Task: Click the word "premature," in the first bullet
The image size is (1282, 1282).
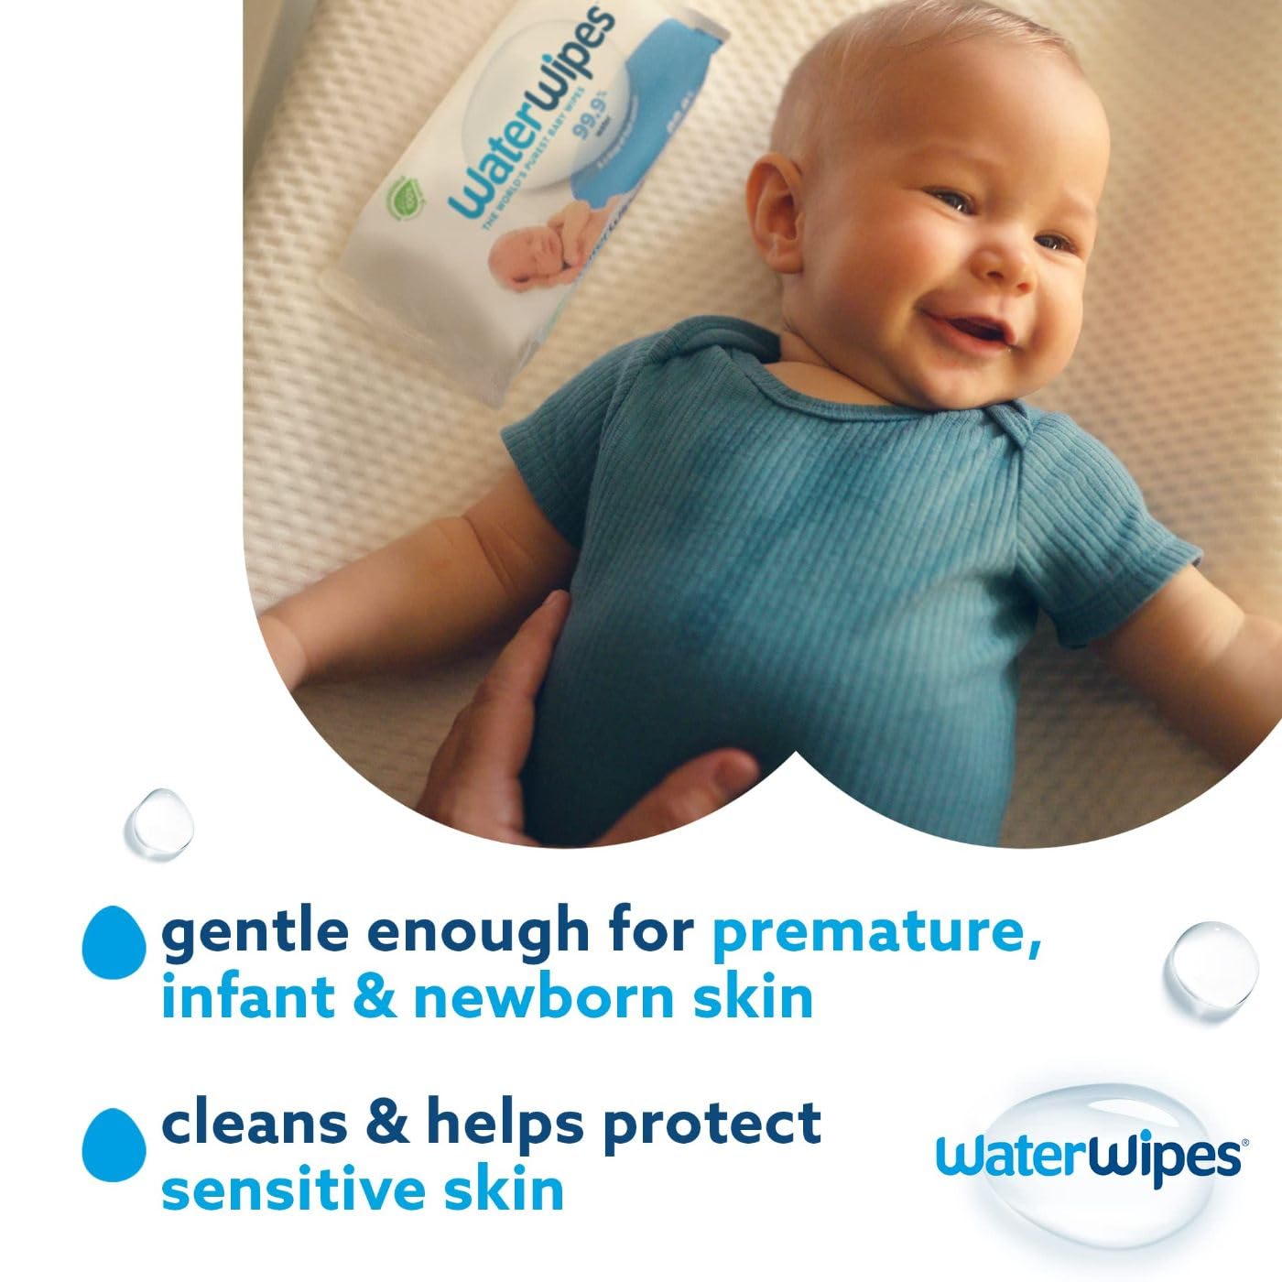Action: [x=876, y=934]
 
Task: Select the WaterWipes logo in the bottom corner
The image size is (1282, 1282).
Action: [x=1087, y=1156]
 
